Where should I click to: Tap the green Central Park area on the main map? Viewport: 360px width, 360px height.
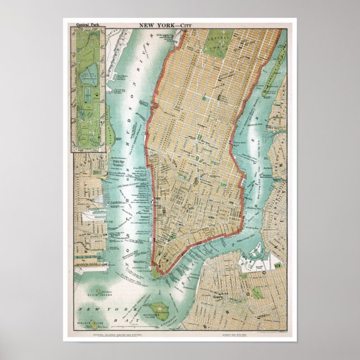tap(219, 42)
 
